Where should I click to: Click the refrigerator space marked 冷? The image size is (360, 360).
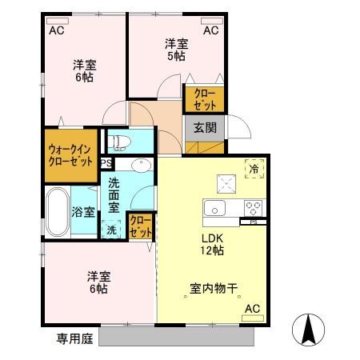pos(254,168)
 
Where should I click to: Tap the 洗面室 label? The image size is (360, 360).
pos(115,194)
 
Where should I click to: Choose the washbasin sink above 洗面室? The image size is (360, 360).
pos(141,166)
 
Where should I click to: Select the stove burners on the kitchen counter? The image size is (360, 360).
pos(254,208)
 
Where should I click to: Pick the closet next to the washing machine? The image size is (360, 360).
pos(141,226)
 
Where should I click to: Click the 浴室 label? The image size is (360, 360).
pos(83,212)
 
